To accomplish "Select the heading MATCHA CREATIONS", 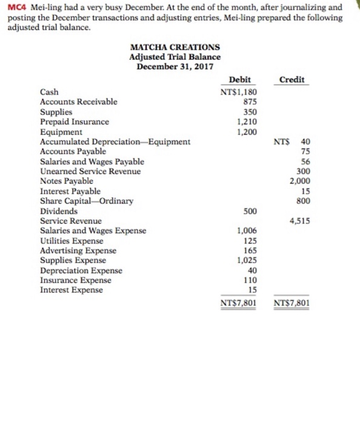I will tap(175, 47).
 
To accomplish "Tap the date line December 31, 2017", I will tap(175, 65).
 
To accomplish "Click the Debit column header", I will tap(240, 81).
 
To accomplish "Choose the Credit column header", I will tap(293, 81).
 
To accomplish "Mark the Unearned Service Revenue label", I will tap(90, 171).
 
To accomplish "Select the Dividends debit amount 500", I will tap(249, 211).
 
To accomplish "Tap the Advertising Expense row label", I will tap(78, 250).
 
